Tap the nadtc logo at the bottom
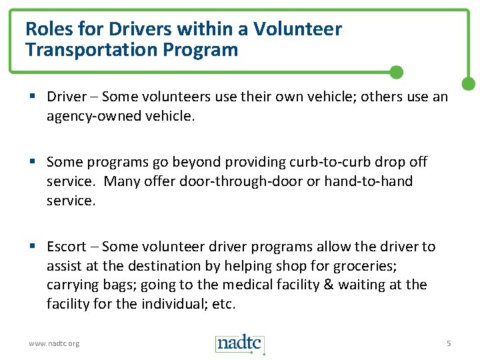coord(240,343)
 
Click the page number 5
coord(449,343)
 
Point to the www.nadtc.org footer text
coord(53,343)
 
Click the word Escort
coord(67,247)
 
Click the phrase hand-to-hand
coord(368,181)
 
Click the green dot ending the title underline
coord(396,71)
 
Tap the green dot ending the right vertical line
coord(469,84)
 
